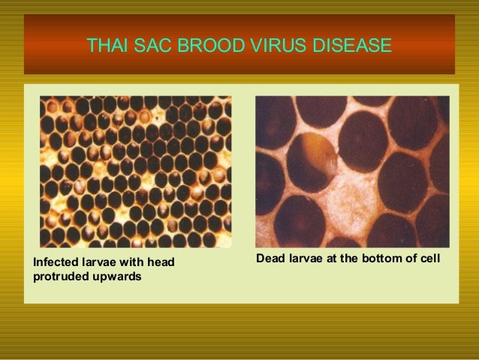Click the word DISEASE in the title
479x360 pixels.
351,46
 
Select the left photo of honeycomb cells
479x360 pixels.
135,171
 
